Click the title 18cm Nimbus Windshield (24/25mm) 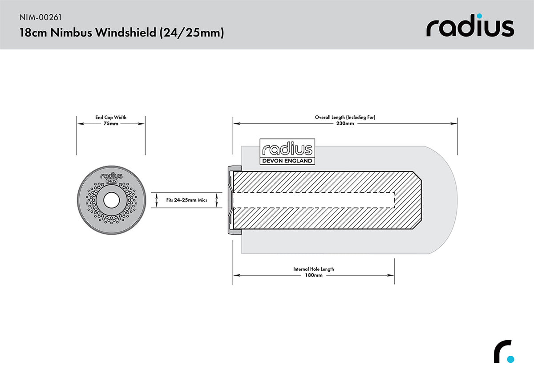tap(121, 33)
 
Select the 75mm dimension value tap(111, 124)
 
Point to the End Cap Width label tap(111, 118)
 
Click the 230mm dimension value tap(345, 124)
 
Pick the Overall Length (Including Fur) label tap(345, 118)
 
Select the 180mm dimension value tap(313, 275)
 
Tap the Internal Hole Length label tap(313, 269)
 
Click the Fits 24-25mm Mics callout tap(187, 200)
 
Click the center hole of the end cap tap(111, 200)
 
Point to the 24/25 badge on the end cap tap(111, 182)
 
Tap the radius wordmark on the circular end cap tap(111, 176)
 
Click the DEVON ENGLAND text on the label tap(287, 161)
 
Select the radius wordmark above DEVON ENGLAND tap(287, 149)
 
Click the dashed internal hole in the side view tap(313, 200)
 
